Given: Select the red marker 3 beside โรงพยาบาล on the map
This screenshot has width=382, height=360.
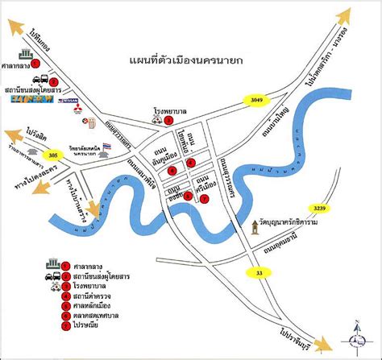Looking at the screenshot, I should pyautogui.click(x=168, y=120).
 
